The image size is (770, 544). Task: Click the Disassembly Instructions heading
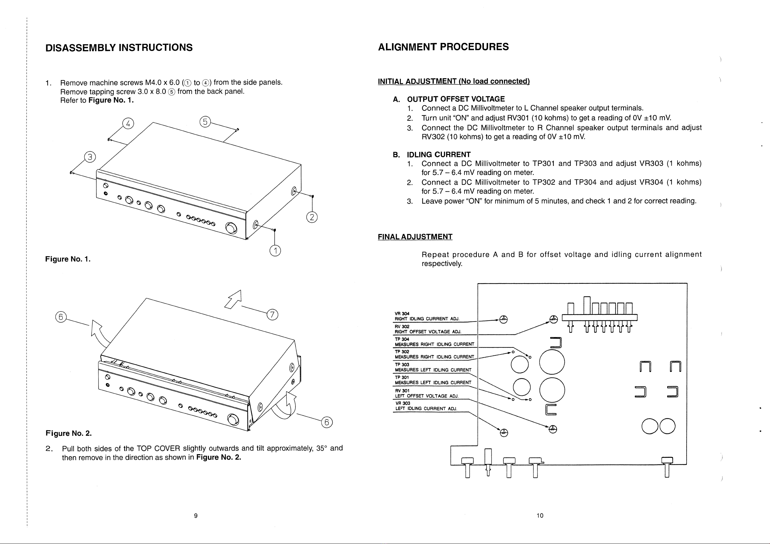pos(119,47)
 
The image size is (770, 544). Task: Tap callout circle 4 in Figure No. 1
pos(128,124)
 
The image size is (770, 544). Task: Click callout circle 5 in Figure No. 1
pos(205,122)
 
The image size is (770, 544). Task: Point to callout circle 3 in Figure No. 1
pos(90,157)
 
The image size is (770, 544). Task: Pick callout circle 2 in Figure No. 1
pos(312,217)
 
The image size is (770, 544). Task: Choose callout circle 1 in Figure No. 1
pos(275,251)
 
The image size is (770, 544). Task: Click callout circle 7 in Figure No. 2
pos(272,314)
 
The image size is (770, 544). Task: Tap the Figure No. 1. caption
pos(68,259)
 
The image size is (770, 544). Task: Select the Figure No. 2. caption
pos(69,433)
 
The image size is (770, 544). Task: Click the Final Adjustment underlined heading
pos(415,237)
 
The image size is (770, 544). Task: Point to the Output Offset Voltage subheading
pos(456,99)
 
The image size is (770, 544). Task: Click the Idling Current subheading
pos(439,155)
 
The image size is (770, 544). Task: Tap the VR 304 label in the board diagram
pos(402,314)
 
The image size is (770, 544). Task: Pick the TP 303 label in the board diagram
pos(402,364)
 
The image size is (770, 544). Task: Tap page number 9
pos(196,516)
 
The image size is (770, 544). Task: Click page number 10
pos(540,516)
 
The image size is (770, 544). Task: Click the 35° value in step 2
pos(321,448)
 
